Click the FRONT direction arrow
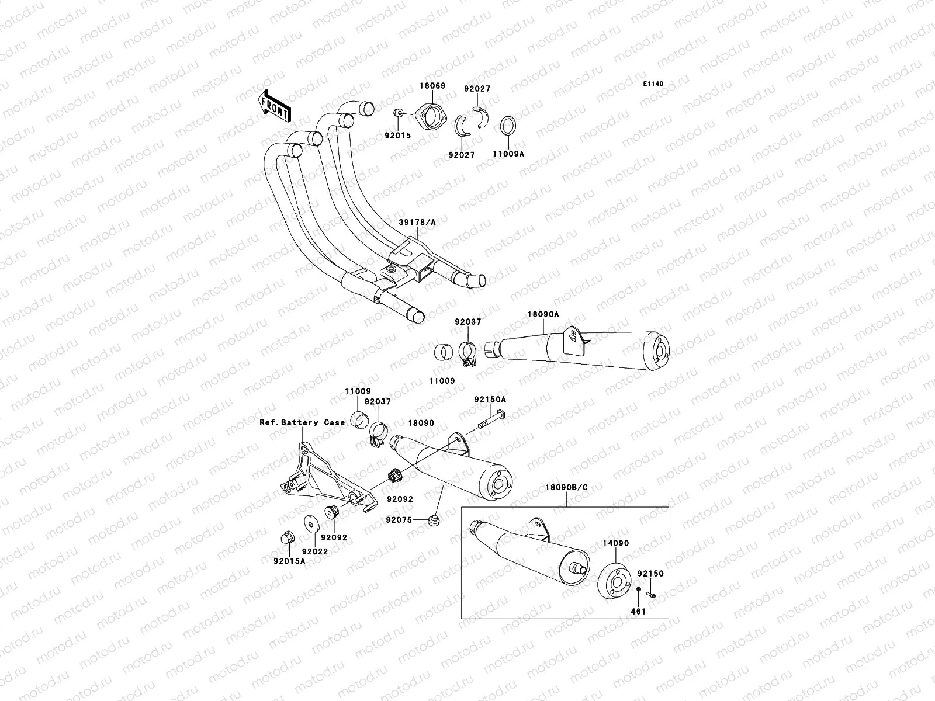275,105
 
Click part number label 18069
432,86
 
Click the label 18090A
543,314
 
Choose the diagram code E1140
654,84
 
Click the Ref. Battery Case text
302,422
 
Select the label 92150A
490,400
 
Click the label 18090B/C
566,487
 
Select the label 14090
616,543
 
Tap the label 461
639,611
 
